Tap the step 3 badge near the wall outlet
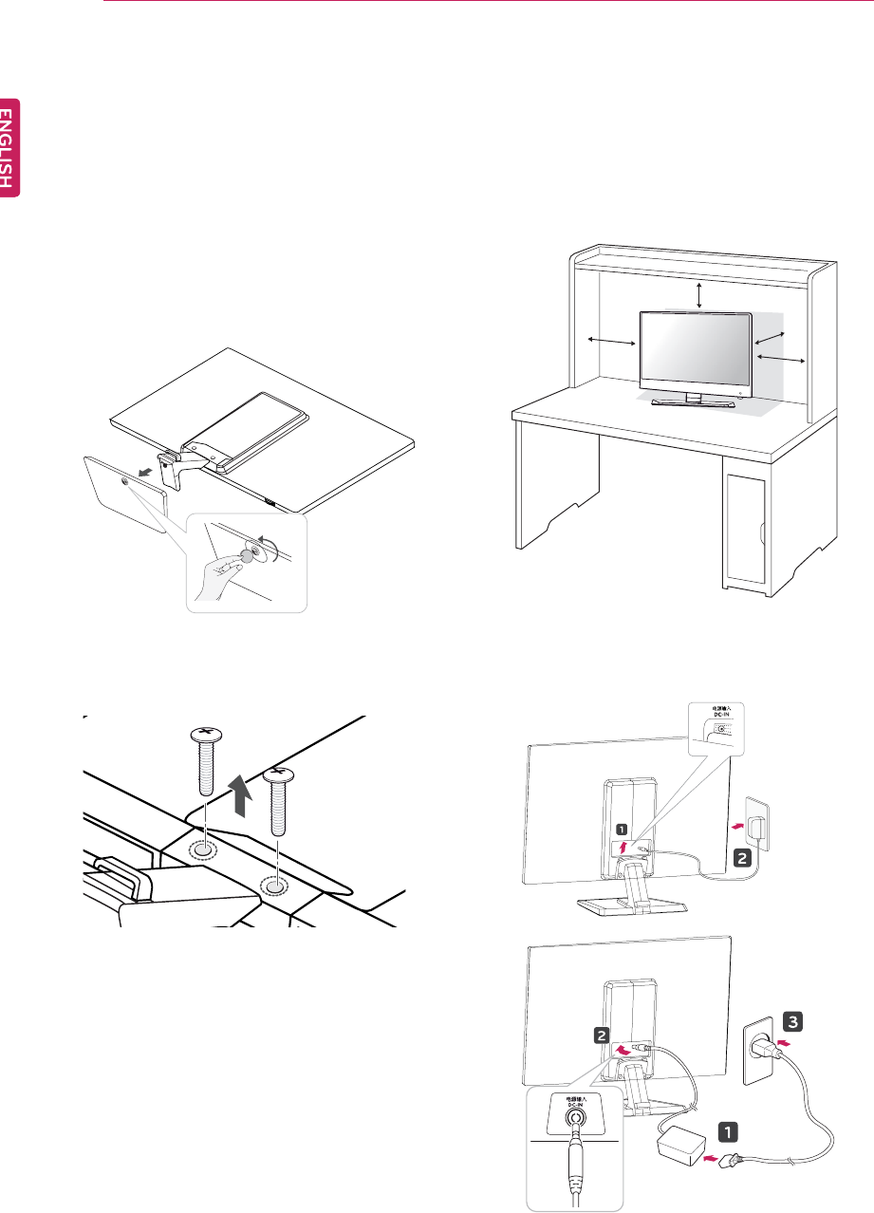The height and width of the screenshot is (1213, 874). pos(793,1021)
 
